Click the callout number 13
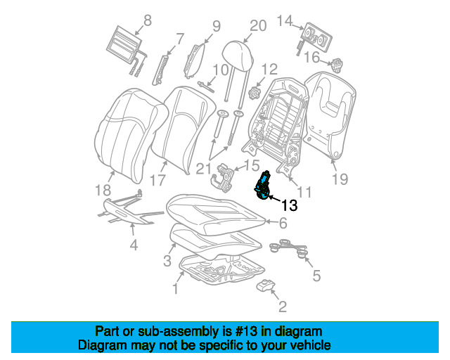pos(290,206)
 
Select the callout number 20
pos(258,26)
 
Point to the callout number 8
pos(147,20)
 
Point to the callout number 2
pos(283,306)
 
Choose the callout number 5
pos(316,276)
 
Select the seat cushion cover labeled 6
pos(218,211)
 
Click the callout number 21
pos(203,167)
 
